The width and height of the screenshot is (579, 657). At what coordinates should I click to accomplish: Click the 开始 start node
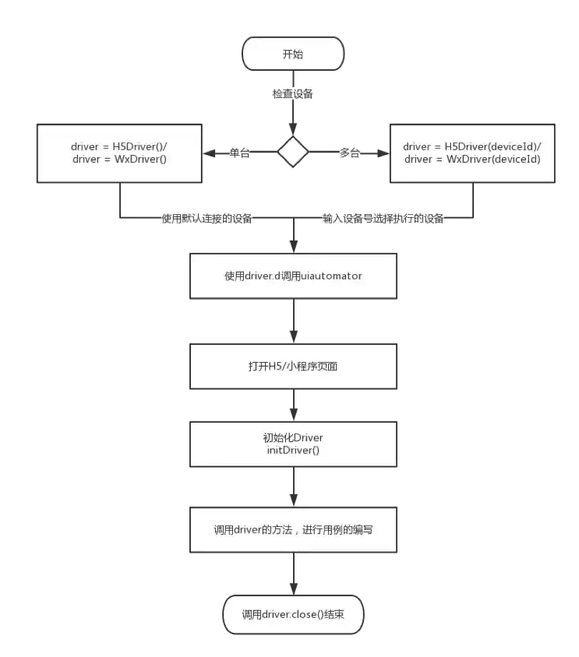pos(293,54)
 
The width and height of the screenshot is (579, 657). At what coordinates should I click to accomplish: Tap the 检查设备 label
pos(292,94)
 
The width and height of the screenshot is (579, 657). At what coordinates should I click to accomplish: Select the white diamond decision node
pos(293,152)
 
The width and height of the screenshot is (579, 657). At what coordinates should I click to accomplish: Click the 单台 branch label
pos(239,152)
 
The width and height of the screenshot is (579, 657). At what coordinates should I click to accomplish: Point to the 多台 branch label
pos(349,152)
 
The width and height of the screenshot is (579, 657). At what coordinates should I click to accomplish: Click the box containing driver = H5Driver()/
pos(119,152)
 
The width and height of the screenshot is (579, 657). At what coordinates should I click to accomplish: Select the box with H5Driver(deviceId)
pos(472,152)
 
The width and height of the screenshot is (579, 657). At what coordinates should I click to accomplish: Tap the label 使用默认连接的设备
pos(207,219)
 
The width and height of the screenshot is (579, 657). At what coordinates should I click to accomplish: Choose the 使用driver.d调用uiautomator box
pos(293,276)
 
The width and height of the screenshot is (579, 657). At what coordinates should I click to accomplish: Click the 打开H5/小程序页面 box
pos(293,366)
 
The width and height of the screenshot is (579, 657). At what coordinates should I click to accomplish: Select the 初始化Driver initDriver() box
pos(293,444)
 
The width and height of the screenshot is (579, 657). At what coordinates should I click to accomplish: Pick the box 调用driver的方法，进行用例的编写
pos(293,529)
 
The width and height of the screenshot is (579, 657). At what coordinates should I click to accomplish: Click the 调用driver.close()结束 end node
pos(293,613)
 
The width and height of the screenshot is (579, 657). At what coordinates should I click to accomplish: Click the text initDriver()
pos(293,451)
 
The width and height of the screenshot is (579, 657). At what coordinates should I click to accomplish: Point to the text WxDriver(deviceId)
pos(493,159)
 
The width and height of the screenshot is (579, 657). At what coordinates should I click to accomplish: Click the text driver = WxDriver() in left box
pos(119,159)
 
